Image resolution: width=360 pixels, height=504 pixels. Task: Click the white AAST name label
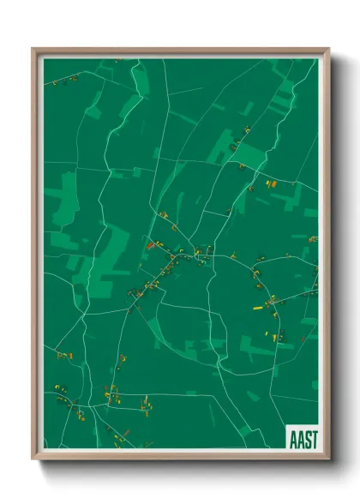pyautogui.click(x=303, y=438)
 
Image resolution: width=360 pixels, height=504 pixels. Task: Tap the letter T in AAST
pyautogui.click(x=315, y=438)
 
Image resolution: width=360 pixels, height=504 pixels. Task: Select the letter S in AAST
pyautogui.click(x=307, y=438)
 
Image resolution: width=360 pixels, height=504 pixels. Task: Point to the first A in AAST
pyautogui.click(x=291, y=438)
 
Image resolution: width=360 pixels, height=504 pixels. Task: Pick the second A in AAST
pyautogui.click(x=299, y=438)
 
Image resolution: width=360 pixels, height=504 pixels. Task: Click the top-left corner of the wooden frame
pyautogui.click(x=33, y=49)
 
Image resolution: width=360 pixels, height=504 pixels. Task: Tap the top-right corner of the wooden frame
pyautogui.click(x=328, y=49)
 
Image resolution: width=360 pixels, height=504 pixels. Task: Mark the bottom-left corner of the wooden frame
pyautogui.click(x=33, y=458)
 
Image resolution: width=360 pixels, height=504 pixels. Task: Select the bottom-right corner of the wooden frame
pyautogui.click(x=328, y=458)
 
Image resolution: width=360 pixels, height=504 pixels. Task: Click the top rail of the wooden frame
pyautogui.click(x=180, y=51)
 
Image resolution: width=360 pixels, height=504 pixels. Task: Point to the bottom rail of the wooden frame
pyautogui.click(x=180, y=455)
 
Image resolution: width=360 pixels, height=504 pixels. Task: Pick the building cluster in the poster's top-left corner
pyautogui.click(x=62, y=81)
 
